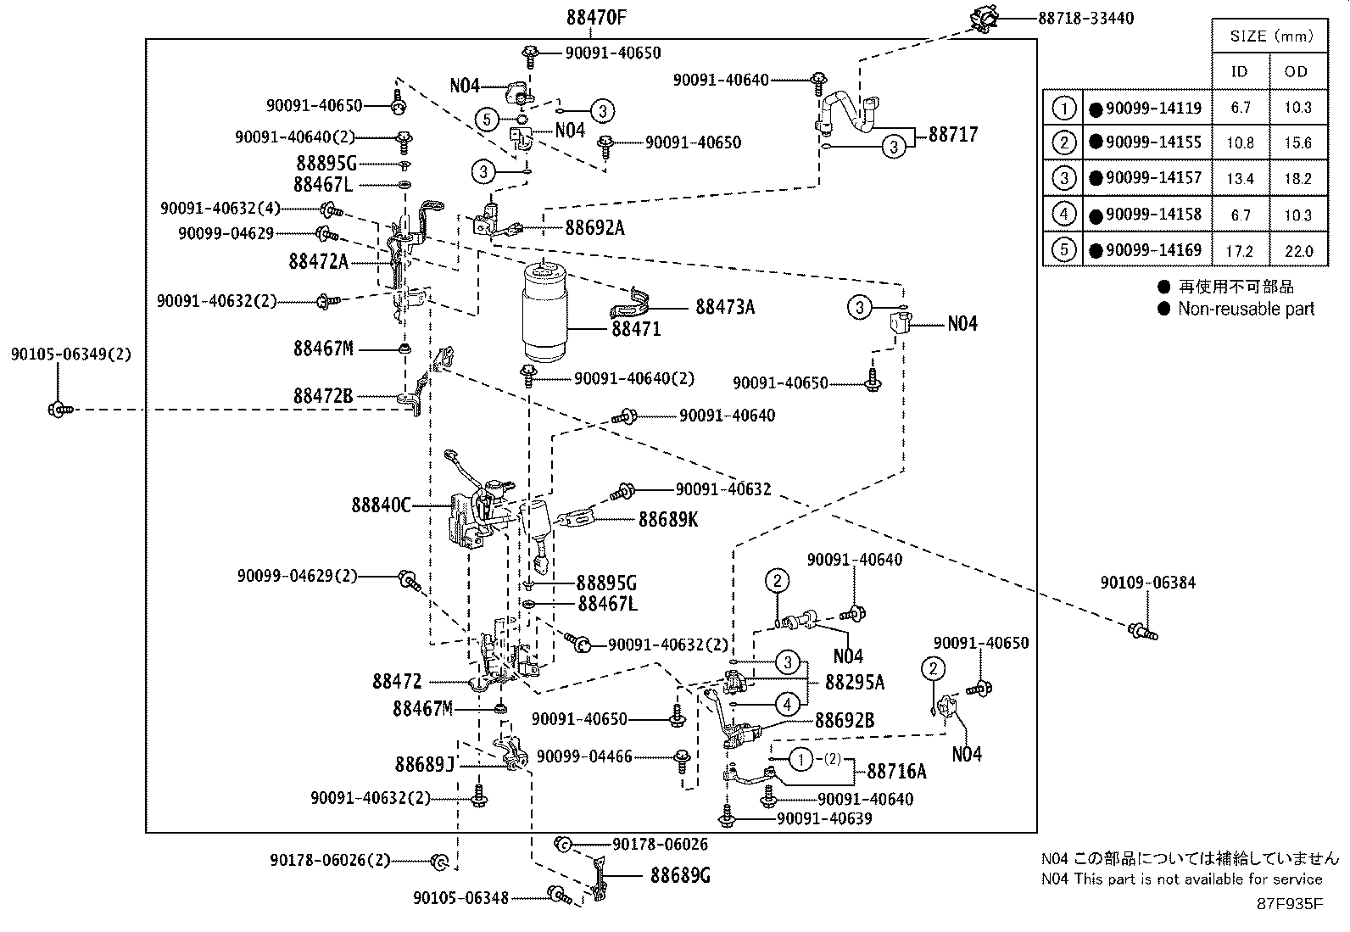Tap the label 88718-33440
click(x=1085, y=18)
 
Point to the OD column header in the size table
click(x=1296, y=71)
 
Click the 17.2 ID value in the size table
click(x=1240, y=251)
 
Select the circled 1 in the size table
click(x=1063, y=108)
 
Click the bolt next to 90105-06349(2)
click(x=59, y=410)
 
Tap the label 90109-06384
click(x=1148, y=583)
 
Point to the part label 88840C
click(x=380, y=505)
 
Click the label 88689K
click(x=668, y=519)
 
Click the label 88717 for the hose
click(x=953, y=134)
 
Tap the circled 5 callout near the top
click(x=487, y=119)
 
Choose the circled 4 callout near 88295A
click(x=787, y=703)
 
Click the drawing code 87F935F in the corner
click(x=1289, y=903)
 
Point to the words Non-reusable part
click(x=1246, y=309)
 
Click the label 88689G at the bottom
click(x=680, y=875)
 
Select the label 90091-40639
click(x=824, y=818)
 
